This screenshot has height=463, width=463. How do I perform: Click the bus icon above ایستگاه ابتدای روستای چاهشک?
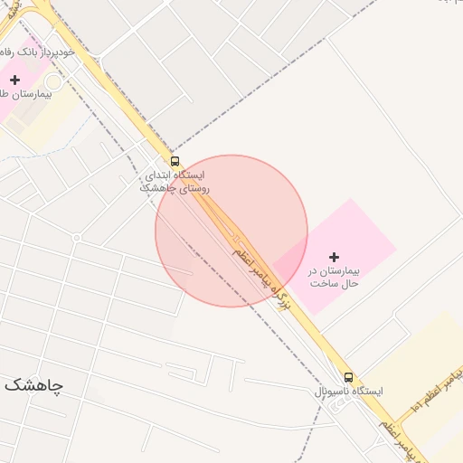pyautogui.click(x=175, y=161)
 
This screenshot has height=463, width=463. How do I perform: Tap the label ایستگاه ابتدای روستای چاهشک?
pyautogui.click(x=175, y=181)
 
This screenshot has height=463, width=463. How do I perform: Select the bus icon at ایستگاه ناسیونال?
pyautogui.click(x=348, y=376)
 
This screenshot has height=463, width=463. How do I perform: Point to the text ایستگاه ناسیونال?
pyautogui.click(x=348, y=391)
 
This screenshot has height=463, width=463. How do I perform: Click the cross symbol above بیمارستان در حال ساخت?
pyautogui.click(x=334, y=258)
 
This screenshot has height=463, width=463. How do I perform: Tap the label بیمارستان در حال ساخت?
pyautogui.click(x=334, y=277)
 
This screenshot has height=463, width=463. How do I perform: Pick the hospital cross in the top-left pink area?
pyautogui.click(x=14, y=80)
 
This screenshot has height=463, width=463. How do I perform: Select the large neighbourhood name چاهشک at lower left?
pyautogui.click(x=33, y=385)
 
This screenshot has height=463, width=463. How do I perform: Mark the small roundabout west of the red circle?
pyautogui.click(x=77, y=238)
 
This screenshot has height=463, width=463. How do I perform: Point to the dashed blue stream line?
pyautogui.click(x=318, y=425)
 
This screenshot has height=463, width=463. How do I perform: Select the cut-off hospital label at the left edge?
pyautogui.click(x=14, y=94)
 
